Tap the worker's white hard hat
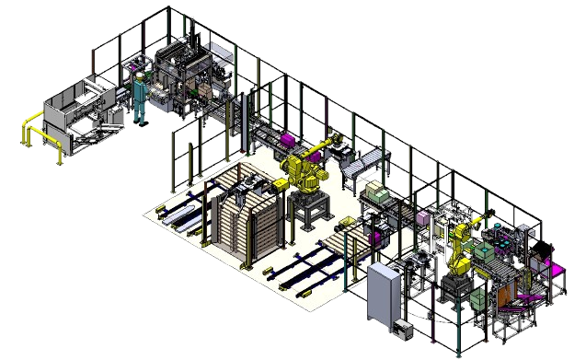(x=141, y=78)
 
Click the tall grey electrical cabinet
(x=383, y=294)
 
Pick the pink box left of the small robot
(x=423, y=219)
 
